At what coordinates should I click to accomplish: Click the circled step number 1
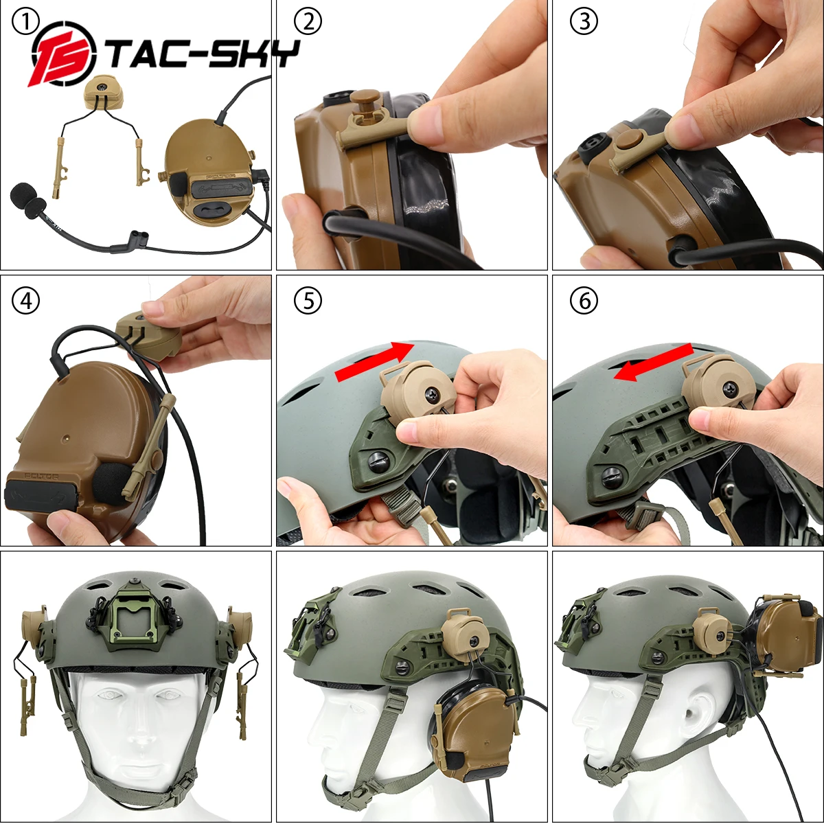coord(25,23)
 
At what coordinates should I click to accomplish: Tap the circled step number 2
coord(308,23)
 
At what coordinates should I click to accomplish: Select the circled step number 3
coord(584,23)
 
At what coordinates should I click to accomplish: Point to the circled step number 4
coord(25,301)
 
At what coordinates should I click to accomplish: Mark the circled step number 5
coord(308,301)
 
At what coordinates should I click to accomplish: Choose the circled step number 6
coord(584,301)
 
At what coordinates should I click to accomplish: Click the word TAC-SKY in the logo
coord(203,55)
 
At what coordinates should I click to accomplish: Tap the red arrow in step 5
coord(374,362)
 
